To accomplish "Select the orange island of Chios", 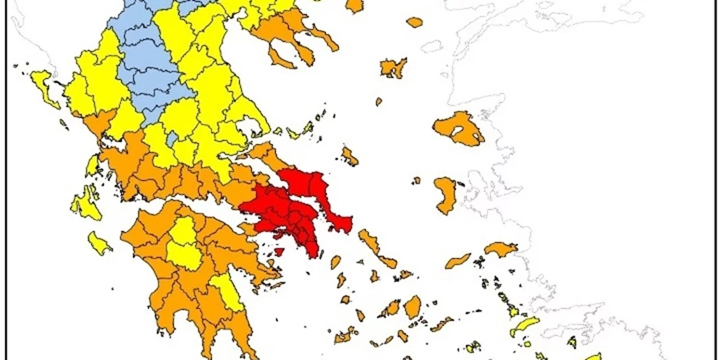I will (x=446, y=195).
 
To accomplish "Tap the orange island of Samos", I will (x=501, y=249).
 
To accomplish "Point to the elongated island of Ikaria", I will (x=458, y=261).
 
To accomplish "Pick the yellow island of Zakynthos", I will (x=99, y=243).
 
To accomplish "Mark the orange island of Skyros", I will (x=349, y=157).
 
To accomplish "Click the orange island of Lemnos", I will (x=393, y=67).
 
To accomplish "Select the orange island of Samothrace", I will (x=414, y=22).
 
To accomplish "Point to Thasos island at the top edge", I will (x=355, y=5).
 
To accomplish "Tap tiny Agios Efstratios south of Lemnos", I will (x=379, y=102).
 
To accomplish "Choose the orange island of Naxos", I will (x=413, y=306).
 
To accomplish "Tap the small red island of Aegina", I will (x=279, y=251).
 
